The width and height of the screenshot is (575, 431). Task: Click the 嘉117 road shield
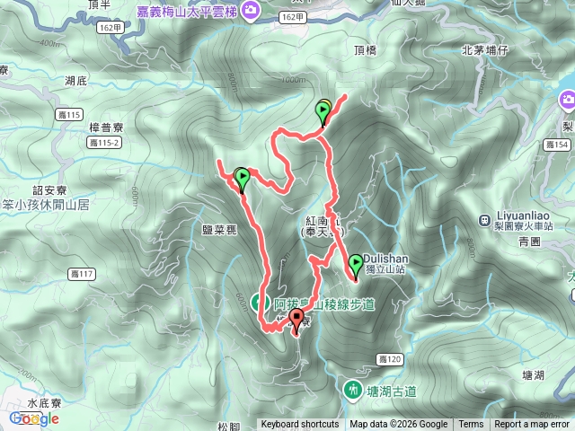80,273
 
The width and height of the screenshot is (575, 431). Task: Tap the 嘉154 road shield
558,145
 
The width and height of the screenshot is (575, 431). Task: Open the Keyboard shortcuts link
300,425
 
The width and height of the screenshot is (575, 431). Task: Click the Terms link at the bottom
471,425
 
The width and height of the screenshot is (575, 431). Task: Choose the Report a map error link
533,425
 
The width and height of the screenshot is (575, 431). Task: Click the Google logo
34,418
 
